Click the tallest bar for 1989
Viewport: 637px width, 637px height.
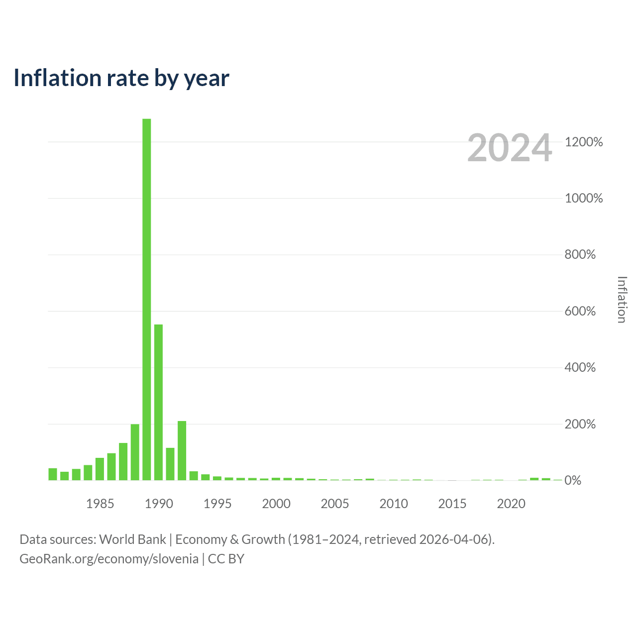pos(146,299)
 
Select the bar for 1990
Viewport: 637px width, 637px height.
pos(158,402)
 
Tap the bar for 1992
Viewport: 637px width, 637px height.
pos(182,450)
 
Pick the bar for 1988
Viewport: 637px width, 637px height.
pos(135,452)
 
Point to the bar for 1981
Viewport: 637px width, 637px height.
pos(53,474)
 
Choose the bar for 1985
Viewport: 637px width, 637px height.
pos(100,469)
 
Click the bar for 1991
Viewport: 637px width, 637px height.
pos(170,464)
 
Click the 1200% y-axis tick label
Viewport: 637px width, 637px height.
pos(583,142)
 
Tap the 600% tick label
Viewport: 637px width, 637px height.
pos(580,311)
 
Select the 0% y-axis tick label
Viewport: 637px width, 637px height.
pos(572,480)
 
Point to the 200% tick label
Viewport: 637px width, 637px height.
pos(580,424)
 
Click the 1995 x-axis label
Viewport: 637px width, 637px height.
pos(217,504)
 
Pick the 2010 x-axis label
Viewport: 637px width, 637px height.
pos(393,504)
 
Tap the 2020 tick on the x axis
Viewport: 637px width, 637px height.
pos(511,504)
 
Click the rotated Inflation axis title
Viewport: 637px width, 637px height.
pos(622,300)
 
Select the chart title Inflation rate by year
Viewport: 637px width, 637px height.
pos(121,78)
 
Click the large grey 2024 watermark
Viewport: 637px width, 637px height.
pos(510,147)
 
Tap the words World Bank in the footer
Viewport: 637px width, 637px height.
pos(132,539)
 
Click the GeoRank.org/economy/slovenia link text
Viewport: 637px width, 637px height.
pos(109,559)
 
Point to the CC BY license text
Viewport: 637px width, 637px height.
pos(226,559)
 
